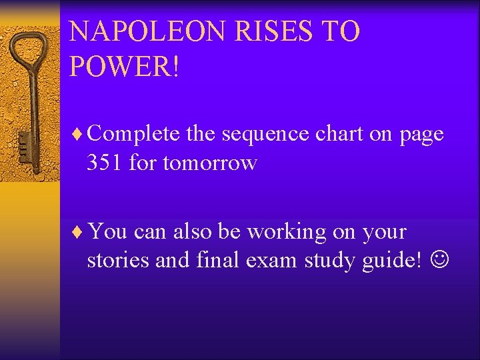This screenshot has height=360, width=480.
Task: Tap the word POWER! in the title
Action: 125,67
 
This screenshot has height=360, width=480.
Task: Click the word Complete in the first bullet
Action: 133,134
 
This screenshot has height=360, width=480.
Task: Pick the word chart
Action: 339,134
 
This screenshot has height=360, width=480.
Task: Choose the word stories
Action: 117,261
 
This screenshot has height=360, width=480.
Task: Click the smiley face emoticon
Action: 441,261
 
